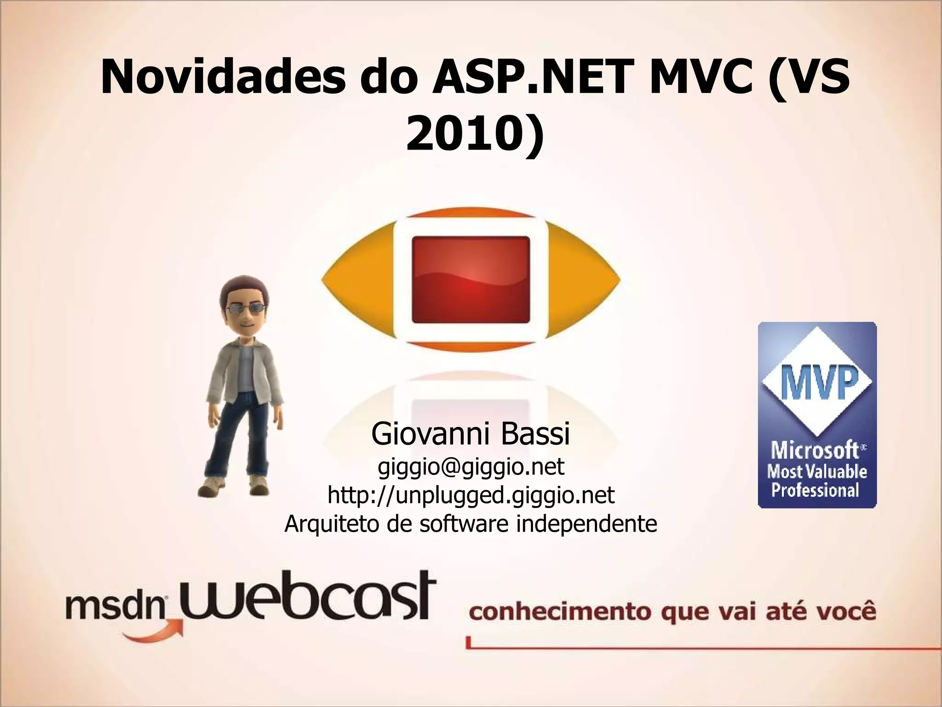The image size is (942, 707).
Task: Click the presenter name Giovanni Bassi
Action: click(x=471, y=434)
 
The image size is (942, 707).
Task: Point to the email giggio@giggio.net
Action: click(x=471, y=467)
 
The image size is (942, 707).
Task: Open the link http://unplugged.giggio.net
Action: click(x=471, y=495)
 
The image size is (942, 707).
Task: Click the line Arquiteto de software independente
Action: click(x=471, y=523)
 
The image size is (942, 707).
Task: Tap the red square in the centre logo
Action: click(x=471, y=280)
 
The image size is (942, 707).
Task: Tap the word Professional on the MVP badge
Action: click(x=815, y=490)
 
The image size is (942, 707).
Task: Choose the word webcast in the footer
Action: click(x=306, y=598)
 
